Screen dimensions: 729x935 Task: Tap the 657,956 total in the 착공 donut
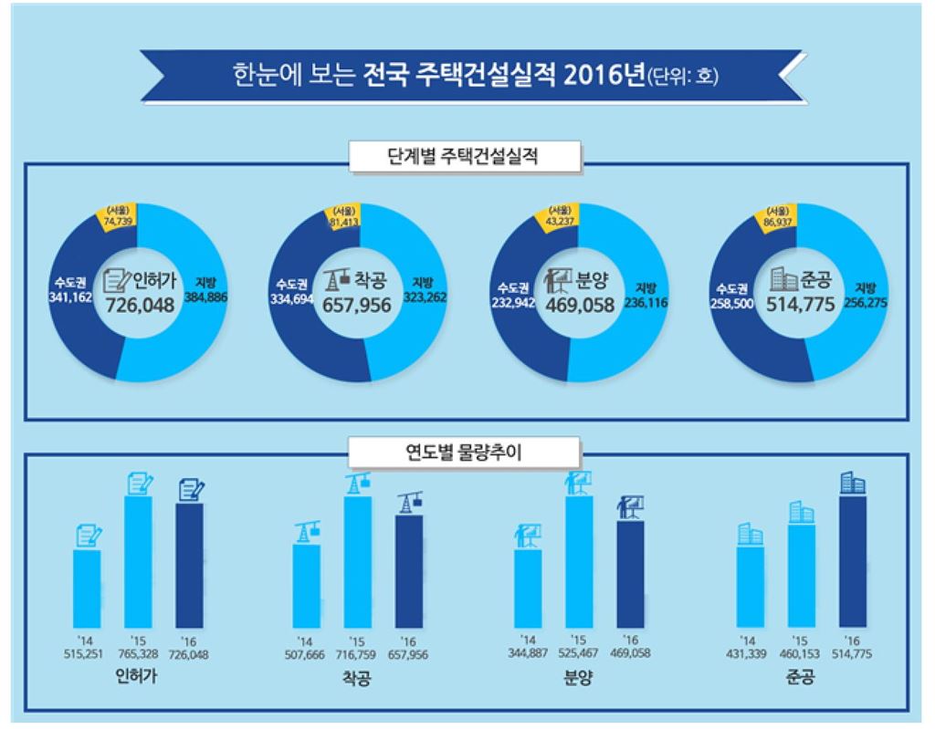pos(356,304)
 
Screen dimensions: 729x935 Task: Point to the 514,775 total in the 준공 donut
pos(800,304)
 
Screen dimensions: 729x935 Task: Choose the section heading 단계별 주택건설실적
pos(464,156)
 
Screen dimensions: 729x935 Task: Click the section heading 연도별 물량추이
pos(464,452)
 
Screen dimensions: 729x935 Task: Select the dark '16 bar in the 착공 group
pos(408,571)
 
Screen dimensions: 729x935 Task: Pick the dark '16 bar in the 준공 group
pos(852,561)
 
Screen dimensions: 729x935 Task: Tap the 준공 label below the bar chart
pos(797,679)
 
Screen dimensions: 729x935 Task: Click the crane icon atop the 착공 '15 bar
pos(357,483)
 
